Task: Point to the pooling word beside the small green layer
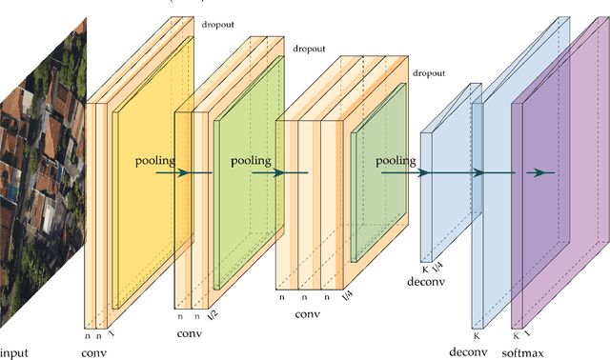click(398, 161)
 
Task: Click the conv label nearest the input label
click(94, 352)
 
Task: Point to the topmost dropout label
click(217, 22)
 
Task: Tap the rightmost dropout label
click(430, 73)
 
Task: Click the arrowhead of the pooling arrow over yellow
click(183, 172)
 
